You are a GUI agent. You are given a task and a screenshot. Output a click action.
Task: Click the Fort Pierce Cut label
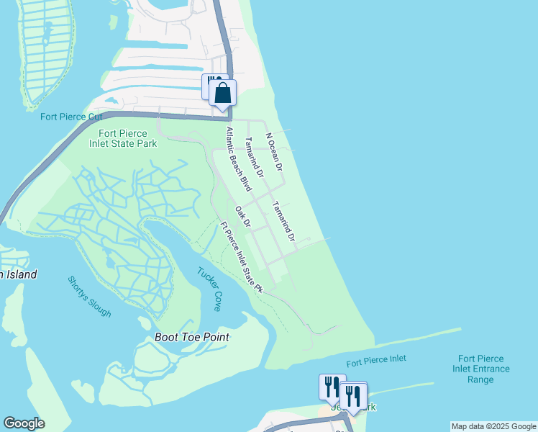[x=71, y=117]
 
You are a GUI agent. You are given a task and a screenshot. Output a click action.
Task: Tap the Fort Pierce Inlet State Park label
[x=123, y=138]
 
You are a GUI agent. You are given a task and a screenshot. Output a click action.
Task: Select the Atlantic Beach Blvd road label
[x=238, y=159]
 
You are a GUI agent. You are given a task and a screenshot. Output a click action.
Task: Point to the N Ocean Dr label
[x=274, y=151]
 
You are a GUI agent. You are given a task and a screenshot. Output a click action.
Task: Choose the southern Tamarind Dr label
[x=283, y=221]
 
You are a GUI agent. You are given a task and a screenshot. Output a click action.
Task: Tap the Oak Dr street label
[x=242, y=217]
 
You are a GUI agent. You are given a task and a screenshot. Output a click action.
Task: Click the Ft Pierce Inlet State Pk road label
[x=242, y=256]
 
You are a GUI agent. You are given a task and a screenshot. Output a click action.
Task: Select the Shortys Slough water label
[x=90, y=297]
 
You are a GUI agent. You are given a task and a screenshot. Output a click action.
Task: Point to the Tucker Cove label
[x=209, y=289]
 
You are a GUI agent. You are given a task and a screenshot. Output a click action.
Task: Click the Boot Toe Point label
[x=192, y=337]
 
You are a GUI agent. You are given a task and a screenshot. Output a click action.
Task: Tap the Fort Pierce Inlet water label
[x=375, y=359]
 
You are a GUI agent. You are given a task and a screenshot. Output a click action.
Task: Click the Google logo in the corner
[x=24, y=423]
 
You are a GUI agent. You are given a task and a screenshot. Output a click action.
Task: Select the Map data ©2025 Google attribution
[x=493, y=426]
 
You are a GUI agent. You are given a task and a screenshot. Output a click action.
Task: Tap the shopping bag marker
[x=223, y=93]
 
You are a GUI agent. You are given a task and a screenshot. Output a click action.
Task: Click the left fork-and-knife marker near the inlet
[x=332, y=387]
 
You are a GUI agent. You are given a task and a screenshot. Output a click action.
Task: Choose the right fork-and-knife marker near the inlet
[x=353, y=395]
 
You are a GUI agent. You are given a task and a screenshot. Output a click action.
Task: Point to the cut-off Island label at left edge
[x=17, y=274]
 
